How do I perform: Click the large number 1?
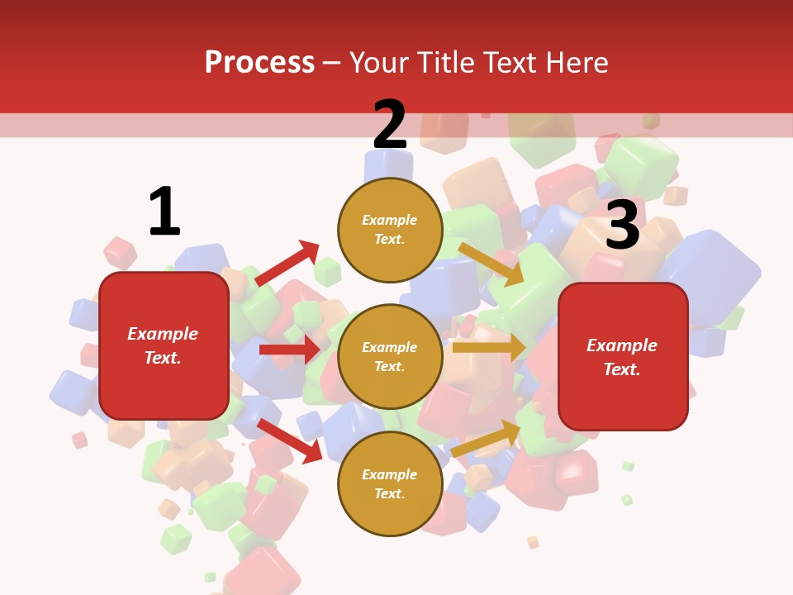[164, 212]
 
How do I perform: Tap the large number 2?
[389, 126]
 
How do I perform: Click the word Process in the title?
[259, 62]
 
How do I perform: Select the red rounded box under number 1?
[164, 345]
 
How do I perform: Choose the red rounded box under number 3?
[623, 356]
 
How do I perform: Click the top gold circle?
[390, 229]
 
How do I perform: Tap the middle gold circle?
[390, 356]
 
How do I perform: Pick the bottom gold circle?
[390, 483]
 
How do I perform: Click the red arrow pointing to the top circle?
[287, 264]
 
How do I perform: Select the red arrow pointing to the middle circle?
[290, 350]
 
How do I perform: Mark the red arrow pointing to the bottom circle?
[289, 440]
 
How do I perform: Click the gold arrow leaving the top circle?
[491, 264]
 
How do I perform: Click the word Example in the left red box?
[163, 334]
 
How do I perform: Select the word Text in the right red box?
[621, 369]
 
